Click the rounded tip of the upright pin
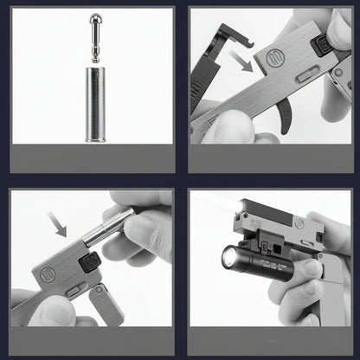pyautogui.click(x=93, y=19)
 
